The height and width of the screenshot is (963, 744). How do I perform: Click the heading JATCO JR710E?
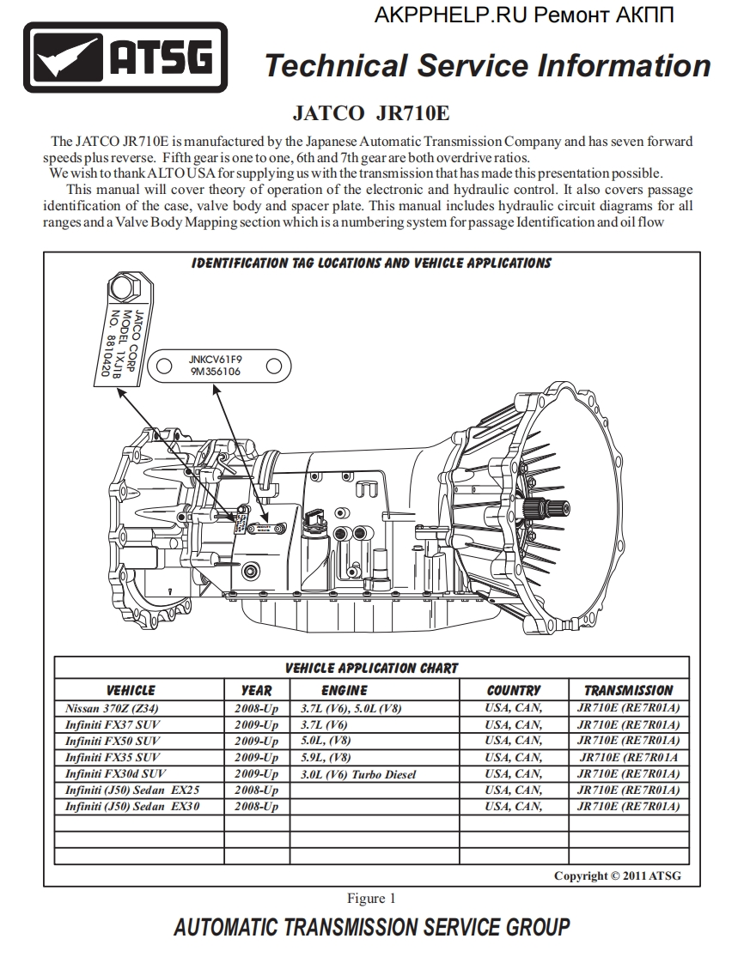(371, 113)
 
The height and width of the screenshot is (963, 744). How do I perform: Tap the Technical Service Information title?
(487, 65)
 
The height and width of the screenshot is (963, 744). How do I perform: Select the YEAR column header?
(256, 690)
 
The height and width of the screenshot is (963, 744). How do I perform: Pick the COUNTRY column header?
(513, 690)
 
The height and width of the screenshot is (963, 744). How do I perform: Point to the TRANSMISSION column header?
(628, 690)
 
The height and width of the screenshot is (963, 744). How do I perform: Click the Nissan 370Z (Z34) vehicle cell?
(112, 709)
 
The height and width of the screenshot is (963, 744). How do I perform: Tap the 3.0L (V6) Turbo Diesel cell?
(358, 774)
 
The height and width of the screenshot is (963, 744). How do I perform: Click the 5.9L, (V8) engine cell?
(326, 758)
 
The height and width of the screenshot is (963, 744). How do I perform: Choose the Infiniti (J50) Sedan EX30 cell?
(132, 807)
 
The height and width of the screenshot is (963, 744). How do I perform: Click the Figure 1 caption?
(371, 899)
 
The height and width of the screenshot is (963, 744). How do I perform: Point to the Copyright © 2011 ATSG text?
(617, 875)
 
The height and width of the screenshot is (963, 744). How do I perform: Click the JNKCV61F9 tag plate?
(216, 366)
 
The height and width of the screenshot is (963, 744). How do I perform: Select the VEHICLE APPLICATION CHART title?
(371, 668)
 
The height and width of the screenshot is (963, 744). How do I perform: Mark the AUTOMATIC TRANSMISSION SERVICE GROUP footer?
(371, 928)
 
